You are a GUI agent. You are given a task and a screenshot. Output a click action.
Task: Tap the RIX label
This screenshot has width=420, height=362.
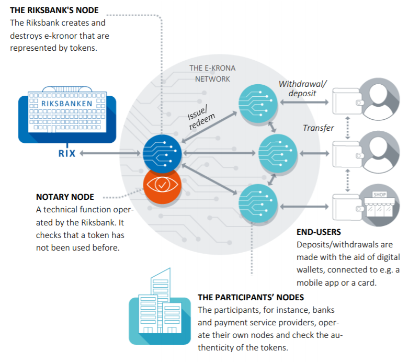pos(67,154)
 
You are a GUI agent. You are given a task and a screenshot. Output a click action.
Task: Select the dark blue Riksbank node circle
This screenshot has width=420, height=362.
pos(162,153)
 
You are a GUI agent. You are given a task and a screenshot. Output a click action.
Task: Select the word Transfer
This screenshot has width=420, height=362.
pos(318,128)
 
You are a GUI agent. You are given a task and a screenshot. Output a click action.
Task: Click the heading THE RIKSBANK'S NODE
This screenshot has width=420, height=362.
pos(54,10)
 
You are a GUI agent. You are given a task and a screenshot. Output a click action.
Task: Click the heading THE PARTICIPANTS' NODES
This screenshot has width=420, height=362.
pos(251,297)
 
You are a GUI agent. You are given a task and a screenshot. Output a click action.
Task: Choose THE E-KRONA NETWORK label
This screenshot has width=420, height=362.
pos(212,73)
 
